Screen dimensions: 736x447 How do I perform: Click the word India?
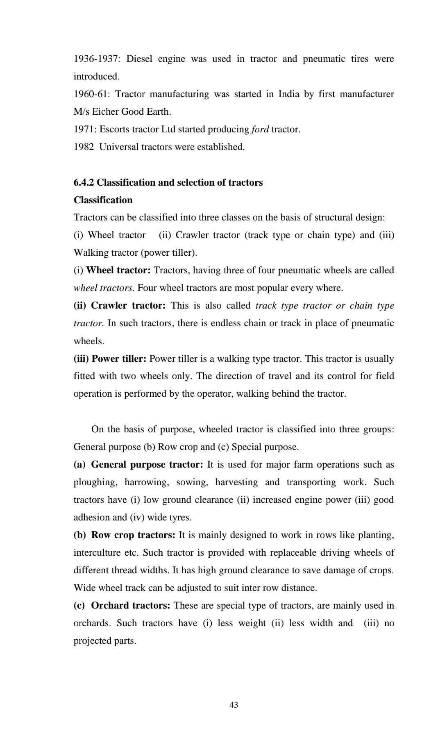[x=289, y=94]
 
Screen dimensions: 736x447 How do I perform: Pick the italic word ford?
[x=260, y=129]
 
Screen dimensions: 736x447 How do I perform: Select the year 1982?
[x=84, y=147]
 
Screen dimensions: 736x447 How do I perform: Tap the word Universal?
[x=119, y=147]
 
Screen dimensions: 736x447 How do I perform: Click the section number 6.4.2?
[x=84, y=183]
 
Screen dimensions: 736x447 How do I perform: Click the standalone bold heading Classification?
[x=103, y=200]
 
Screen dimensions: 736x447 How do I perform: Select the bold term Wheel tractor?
[x=118, y=270]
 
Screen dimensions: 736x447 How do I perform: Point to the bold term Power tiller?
[x=119, y=359]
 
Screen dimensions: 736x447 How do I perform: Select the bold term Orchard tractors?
[x=131, y=606]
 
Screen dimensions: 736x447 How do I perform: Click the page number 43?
[x=234, y=705]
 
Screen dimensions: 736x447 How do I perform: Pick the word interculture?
[x=97, y=553]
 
